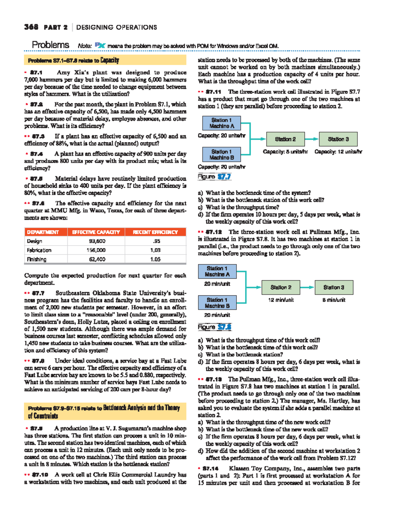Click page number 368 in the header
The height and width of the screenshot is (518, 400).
(x=31, y=27)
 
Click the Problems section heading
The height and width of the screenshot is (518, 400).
(x=50, y=45)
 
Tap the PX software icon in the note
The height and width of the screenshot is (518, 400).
(x=100, y=45)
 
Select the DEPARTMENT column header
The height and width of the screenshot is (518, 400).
(x=43, y=232)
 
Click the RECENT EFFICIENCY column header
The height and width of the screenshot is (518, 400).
(x=155, y=232)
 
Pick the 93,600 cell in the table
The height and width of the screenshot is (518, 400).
(x=97, y=241)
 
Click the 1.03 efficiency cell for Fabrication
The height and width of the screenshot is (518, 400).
(x=155, y=250)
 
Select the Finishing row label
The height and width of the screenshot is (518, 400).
(x=37, y=259)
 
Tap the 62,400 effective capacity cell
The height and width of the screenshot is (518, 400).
(x=97, y=259)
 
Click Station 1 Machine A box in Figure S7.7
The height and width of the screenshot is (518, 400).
(x=222, y=123)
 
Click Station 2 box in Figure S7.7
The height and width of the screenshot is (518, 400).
(x=285, y=139)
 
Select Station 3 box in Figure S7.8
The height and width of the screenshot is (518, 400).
(x=334, y=287)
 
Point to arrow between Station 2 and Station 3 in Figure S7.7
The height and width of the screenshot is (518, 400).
(x=311, y=139)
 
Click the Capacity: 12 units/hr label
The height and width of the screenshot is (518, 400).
(x=338, y=152)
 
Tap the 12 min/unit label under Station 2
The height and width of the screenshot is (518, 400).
(x=281, y=300)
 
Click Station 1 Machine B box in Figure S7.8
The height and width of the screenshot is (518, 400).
(x=217, y=303)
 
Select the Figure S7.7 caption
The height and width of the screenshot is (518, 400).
(x=214, y=177)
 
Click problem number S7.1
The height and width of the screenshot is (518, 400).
(x=36, y=72)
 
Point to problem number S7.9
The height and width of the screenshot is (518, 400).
(x=36, y=428)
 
